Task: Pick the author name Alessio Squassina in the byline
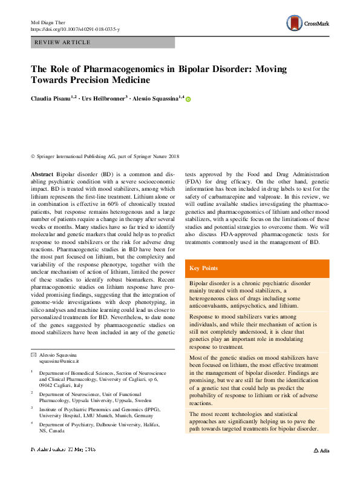(157, 99)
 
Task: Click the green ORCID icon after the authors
(188, 99)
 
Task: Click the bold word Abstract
(42, 173)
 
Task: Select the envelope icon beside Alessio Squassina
(33, 354)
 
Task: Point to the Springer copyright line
(101, 156)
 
